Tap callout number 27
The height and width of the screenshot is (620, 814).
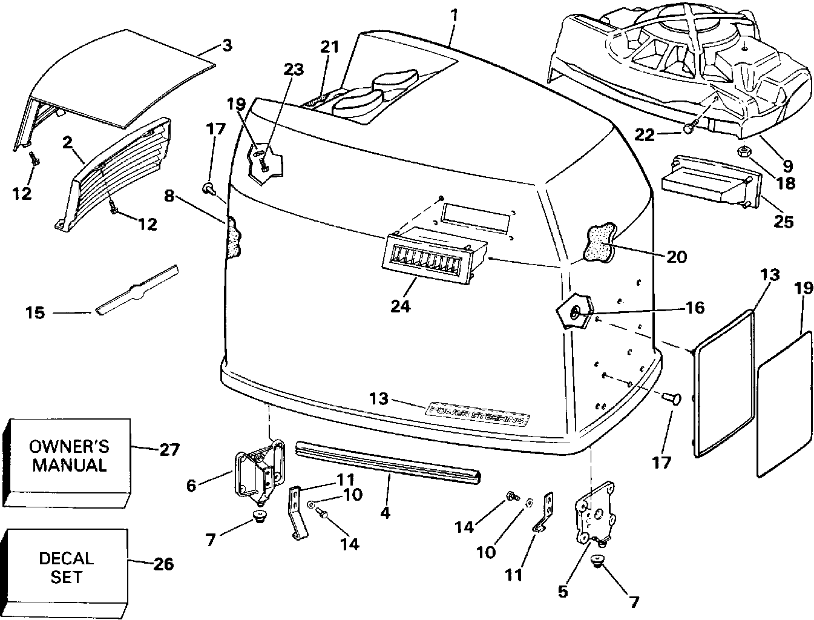170,449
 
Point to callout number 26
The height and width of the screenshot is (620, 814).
163,564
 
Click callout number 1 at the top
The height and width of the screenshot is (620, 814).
454,13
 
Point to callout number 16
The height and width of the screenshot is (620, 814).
695,308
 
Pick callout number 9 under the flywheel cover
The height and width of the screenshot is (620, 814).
787,165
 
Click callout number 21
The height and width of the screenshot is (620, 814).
330,47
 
